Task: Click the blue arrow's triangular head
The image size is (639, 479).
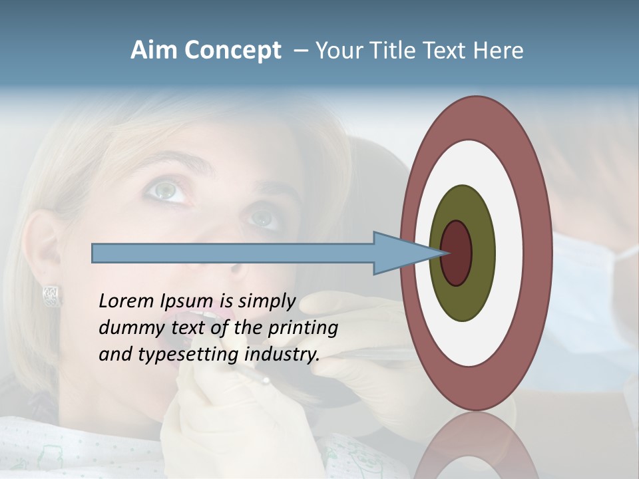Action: tap(399, 253)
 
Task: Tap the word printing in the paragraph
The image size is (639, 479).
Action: tap(302, 328)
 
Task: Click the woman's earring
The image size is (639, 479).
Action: tap(51, 295)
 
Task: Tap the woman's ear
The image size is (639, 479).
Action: tap(41, 253)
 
